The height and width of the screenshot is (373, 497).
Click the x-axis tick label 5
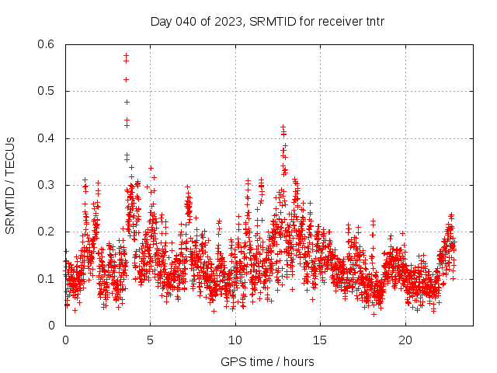(151, 340)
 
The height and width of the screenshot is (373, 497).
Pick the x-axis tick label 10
(235, 340)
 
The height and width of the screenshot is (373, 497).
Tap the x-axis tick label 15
(321, 340)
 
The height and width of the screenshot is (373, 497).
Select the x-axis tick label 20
(405, 340)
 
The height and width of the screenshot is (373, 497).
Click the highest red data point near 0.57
(126, 55)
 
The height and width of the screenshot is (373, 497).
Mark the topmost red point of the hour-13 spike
(283, 126)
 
